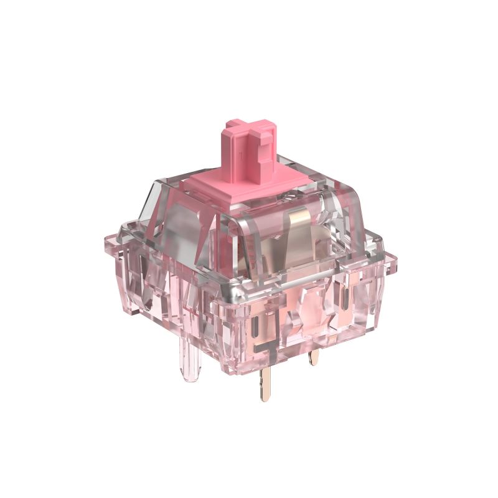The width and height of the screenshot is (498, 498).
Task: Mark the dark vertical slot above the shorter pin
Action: tap(344, 299)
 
